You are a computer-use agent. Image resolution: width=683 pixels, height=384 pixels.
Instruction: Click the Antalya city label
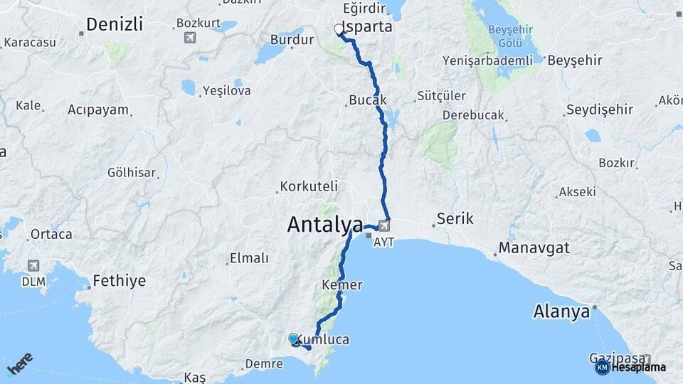click(x=325, y=225)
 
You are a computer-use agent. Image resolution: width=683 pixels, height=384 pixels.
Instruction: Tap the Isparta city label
click(x=367, y=27)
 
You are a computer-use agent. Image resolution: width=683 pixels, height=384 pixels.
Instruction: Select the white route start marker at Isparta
click(x=339, y=29)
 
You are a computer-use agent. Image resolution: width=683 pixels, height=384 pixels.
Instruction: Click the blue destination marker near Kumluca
click(x=294, y=339)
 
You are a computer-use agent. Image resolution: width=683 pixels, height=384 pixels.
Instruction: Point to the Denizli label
click(x=114, y=24)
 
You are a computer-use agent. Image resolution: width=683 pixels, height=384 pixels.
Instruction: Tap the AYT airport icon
click(x=384, y=226)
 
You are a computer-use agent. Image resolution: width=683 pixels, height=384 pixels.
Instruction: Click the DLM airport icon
click(x=33, y=265)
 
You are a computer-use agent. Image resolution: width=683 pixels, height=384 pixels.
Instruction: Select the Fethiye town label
click(x=119, y=281)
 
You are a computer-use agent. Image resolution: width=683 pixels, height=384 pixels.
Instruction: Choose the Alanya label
click(x=561, y=311)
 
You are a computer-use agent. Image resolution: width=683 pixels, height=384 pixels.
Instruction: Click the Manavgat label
click(x=534, y=248)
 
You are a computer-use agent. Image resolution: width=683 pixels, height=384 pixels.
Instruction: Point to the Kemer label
click(x=342, y=284)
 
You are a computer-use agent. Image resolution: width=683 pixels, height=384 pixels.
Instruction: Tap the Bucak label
click(x=367, y=100)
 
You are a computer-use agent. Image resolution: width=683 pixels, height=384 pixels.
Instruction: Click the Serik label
click(x=455, y=218)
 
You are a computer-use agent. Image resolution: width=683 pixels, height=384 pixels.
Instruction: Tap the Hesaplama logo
click(x=630, y=367)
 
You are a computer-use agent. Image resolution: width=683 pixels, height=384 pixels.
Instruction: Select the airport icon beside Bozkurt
click(x=189, y=37)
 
